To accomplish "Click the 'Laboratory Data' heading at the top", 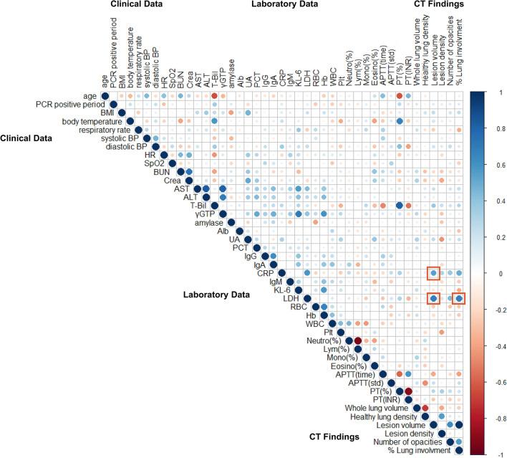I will coord(284,5).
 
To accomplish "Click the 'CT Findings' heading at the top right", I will coord(439,5).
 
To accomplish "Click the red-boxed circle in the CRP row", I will coord(433,273).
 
